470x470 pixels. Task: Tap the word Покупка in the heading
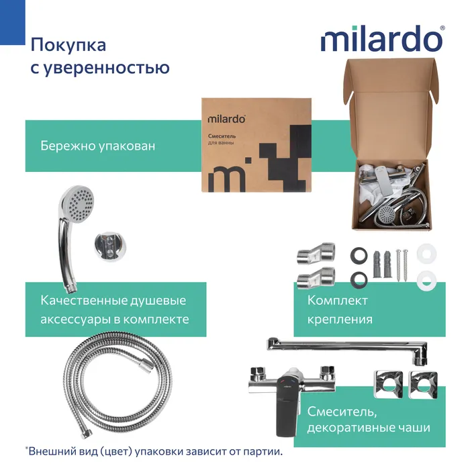click(x=67, y=46)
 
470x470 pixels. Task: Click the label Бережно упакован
click(x=97, y=145)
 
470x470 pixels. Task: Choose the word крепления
click(x=340, y=320)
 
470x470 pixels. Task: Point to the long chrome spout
click(x=349, y=345)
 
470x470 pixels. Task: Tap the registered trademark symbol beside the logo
click(x=441, y=28)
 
